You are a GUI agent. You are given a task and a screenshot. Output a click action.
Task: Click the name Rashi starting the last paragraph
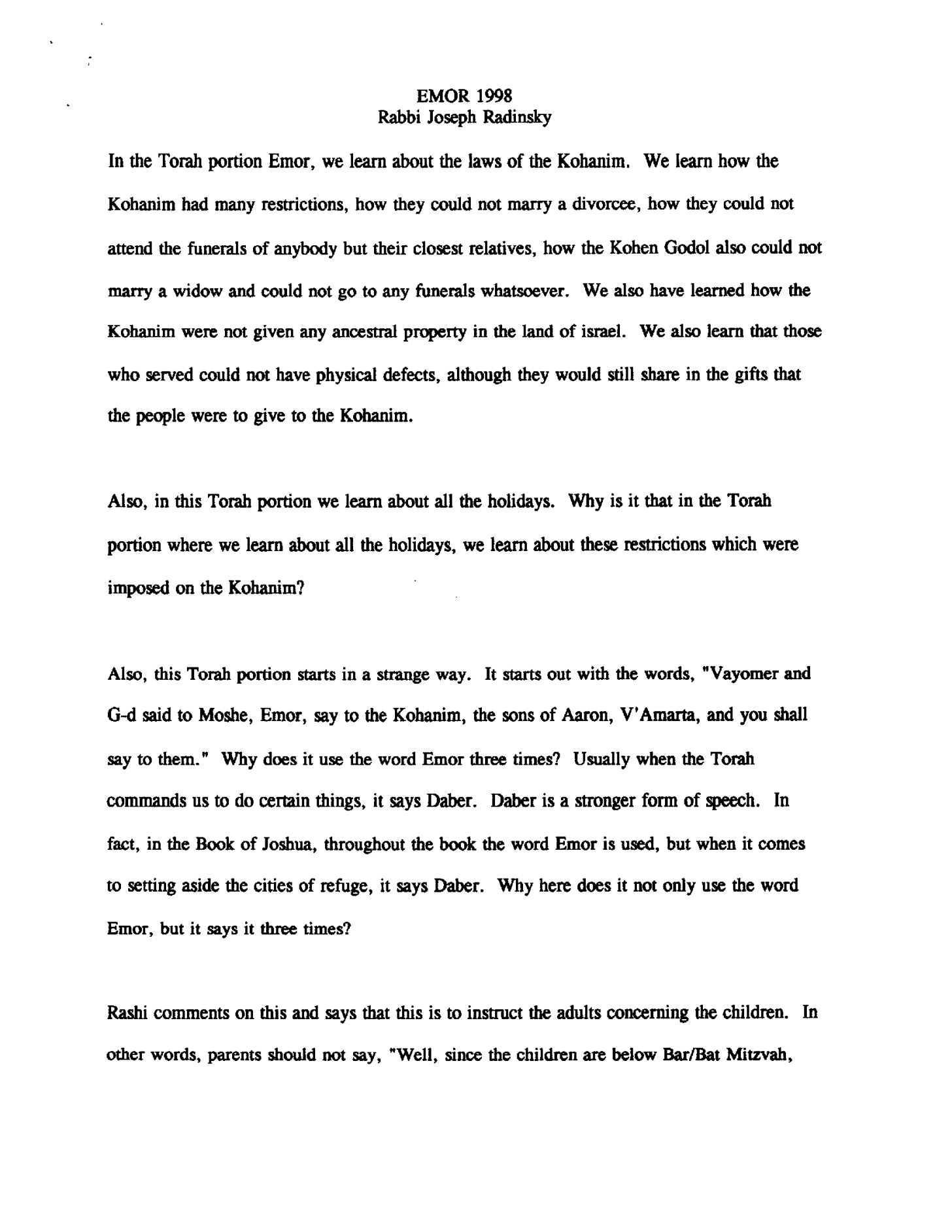(x=127, y=1014)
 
